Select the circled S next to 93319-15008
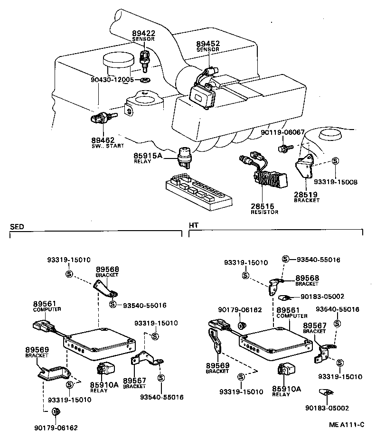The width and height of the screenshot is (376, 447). (x=335, y=161)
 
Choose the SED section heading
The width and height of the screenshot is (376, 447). (x=17, y=226)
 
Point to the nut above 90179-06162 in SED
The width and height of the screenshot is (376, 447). (x=54, y=411)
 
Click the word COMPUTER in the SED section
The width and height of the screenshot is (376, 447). (x=47, y=309)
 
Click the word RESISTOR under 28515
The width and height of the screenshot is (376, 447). (x=264, y=212)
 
